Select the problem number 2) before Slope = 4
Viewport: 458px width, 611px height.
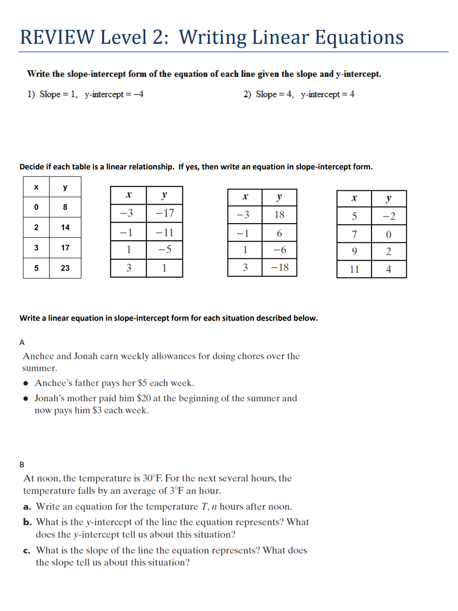tap(247, 94)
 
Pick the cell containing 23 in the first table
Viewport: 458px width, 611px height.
tap(65, 268)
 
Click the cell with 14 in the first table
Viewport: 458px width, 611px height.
tap(65, 227)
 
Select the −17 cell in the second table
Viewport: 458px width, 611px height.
tap(164, 213)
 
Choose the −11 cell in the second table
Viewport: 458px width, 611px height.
tap(164, 233)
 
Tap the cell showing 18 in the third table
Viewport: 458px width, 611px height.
tap(279, 215)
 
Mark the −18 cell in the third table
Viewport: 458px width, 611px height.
tap(279, 267)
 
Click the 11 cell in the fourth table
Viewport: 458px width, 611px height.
tap(354, 269)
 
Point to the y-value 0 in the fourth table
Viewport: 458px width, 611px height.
tap(389, 234)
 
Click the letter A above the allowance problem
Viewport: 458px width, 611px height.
tap(22, 342)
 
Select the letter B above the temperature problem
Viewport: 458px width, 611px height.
tap(22, 464)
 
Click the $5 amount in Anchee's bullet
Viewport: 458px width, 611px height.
tap(143, 383)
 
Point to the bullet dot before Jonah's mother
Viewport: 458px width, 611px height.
tap(26, 399)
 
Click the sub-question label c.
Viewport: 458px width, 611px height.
tap(27, 551)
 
